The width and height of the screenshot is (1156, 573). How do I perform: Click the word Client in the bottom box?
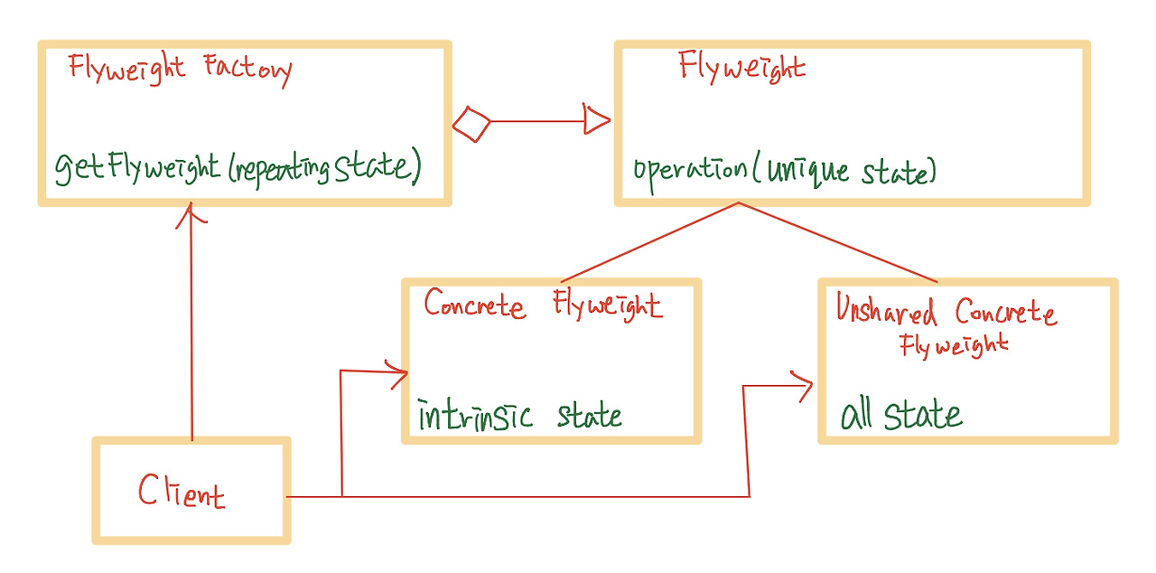[181, 492]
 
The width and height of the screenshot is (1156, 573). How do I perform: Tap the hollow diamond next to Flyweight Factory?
[471, 123]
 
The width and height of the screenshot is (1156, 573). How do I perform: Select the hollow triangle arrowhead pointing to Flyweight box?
[597, 119]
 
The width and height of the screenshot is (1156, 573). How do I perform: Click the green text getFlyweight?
[137, 168]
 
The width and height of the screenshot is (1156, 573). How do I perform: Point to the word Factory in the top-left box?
[247, 70]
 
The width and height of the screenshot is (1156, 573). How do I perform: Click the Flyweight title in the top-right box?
[741, 68]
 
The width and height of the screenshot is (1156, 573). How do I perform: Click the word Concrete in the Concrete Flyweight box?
[474, 305]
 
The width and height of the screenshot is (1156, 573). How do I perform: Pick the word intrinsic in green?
[475, 416]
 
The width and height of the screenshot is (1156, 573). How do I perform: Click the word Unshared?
[887, 312]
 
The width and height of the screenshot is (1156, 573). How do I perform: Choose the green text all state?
[900, 416]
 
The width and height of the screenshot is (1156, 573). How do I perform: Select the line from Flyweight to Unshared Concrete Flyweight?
[840, 243]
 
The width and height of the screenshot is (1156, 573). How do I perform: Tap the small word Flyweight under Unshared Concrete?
[954, 345]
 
